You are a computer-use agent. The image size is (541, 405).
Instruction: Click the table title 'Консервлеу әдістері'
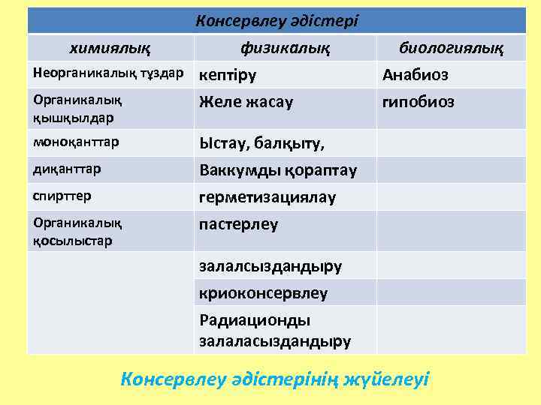[277, 21]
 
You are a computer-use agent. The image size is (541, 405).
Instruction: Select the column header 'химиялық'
[110, 49]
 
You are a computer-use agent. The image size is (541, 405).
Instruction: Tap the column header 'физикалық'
[285, 49]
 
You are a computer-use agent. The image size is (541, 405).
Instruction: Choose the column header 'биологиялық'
[451, 49]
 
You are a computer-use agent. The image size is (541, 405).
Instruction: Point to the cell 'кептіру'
[228, 75]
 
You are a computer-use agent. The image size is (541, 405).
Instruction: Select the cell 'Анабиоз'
[416, 75]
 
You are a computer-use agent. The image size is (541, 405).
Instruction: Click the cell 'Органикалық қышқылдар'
[78, 107]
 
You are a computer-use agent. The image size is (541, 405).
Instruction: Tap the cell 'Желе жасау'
[246, 101]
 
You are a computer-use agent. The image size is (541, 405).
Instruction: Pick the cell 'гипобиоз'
[419, 101]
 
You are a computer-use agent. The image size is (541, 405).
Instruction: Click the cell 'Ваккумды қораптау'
[278, 170]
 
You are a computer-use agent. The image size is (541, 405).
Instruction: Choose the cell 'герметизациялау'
[267, 197]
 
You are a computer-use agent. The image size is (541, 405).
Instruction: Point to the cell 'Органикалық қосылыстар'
[78, 230]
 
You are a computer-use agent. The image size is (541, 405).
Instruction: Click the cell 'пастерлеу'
[238, 224]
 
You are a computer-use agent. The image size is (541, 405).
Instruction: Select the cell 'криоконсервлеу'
[263, 292]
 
